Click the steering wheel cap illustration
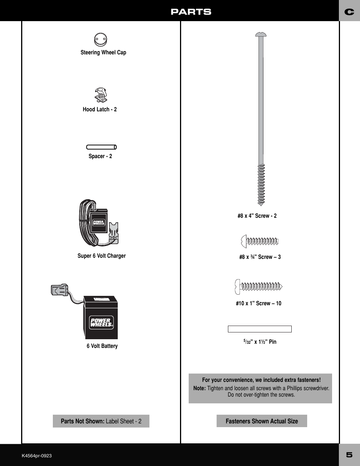coord(100,39)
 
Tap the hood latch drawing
coord(101,95)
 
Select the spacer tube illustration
coord(102,147)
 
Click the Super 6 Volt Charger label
coord(102,256)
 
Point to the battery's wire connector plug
coord(60,290)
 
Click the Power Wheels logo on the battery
coord(102,323)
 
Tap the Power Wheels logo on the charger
coord(99,222)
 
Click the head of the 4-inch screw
coord(261,35)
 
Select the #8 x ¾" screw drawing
coord(260,241)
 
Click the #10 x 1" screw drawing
coord(258,287)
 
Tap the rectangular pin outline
coord(260,329)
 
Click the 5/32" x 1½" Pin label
coord(260,342)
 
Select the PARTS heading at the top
coord(191,12)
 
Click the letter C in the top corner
coord(349,12)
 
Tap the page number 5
coord(349,455)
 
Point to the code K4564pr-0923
coord(37,456)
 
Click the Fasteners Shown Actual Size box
coord(262,421)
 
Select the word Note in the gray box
coord(199,388)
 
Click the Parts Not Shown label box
coord(101,421)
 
